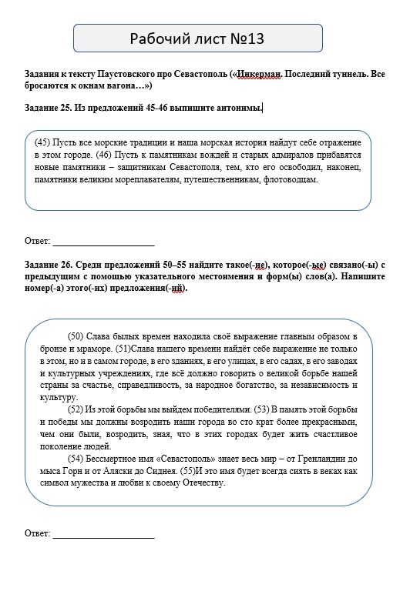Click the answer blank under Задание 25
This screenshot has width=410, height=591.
coord(102,240)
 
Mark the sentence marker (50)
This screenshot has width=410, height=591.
coord(76,336)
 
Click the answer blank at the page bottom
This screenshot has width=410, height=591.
coord(102,533)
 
